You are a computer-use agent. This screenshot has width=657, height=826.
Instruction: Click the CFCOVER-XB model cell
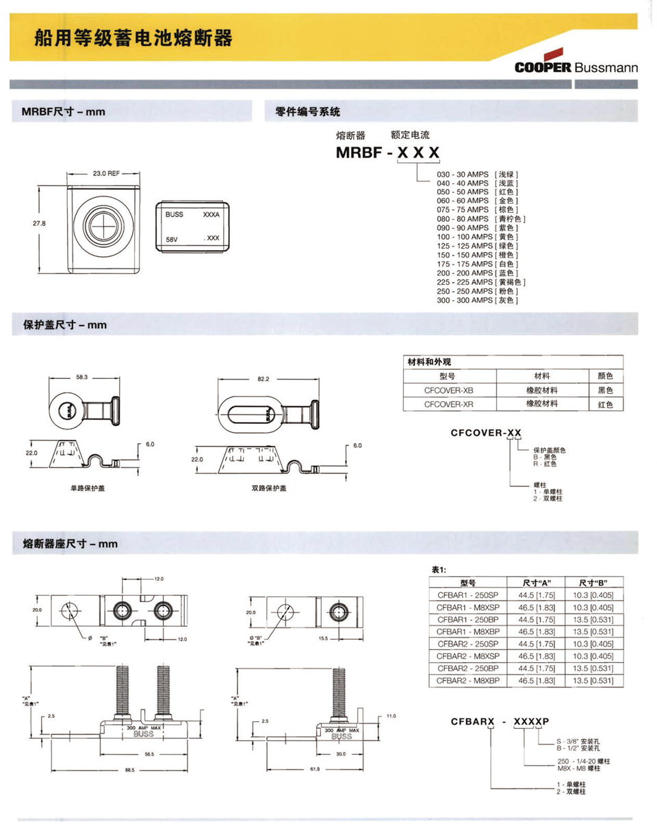pyautogui.click(x=448, y=390)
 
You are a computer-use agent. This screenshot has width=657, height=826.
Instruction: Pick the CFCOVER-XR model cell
pyautogui.click(x=448, y=404)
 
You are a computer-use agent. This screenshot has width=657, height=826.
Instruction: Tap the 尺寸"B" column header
pyautogui.click(x=593, y=583)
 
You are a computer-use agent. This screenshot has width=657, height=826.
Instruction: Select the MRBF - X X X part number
pyautogui.click(x=387, y=154)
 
